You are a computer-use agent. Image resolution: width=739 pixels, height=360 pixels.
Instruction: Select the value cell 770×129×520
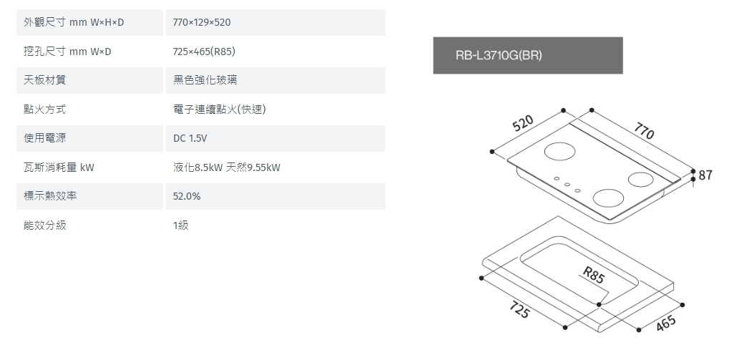[x=202, y=23]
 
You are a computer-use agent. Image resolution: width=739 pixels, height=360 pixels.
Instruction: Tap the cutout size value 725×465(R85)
[x=205, y=52]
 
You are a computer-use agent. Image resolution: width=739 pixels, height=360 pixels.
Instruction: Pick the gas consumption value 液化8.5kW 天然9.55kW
[x=226, y=167]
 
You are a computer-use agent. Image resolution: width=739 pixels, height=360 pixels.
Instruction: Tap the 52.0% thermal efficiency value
[x=187, y=196]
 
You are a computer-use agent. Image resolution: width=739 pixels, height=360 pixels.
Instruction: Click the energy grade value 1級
[x=180, y=225]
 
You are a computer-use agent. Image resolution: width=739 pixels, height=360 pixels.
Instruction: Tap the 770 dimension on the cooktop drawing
[x=643, y=132]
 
